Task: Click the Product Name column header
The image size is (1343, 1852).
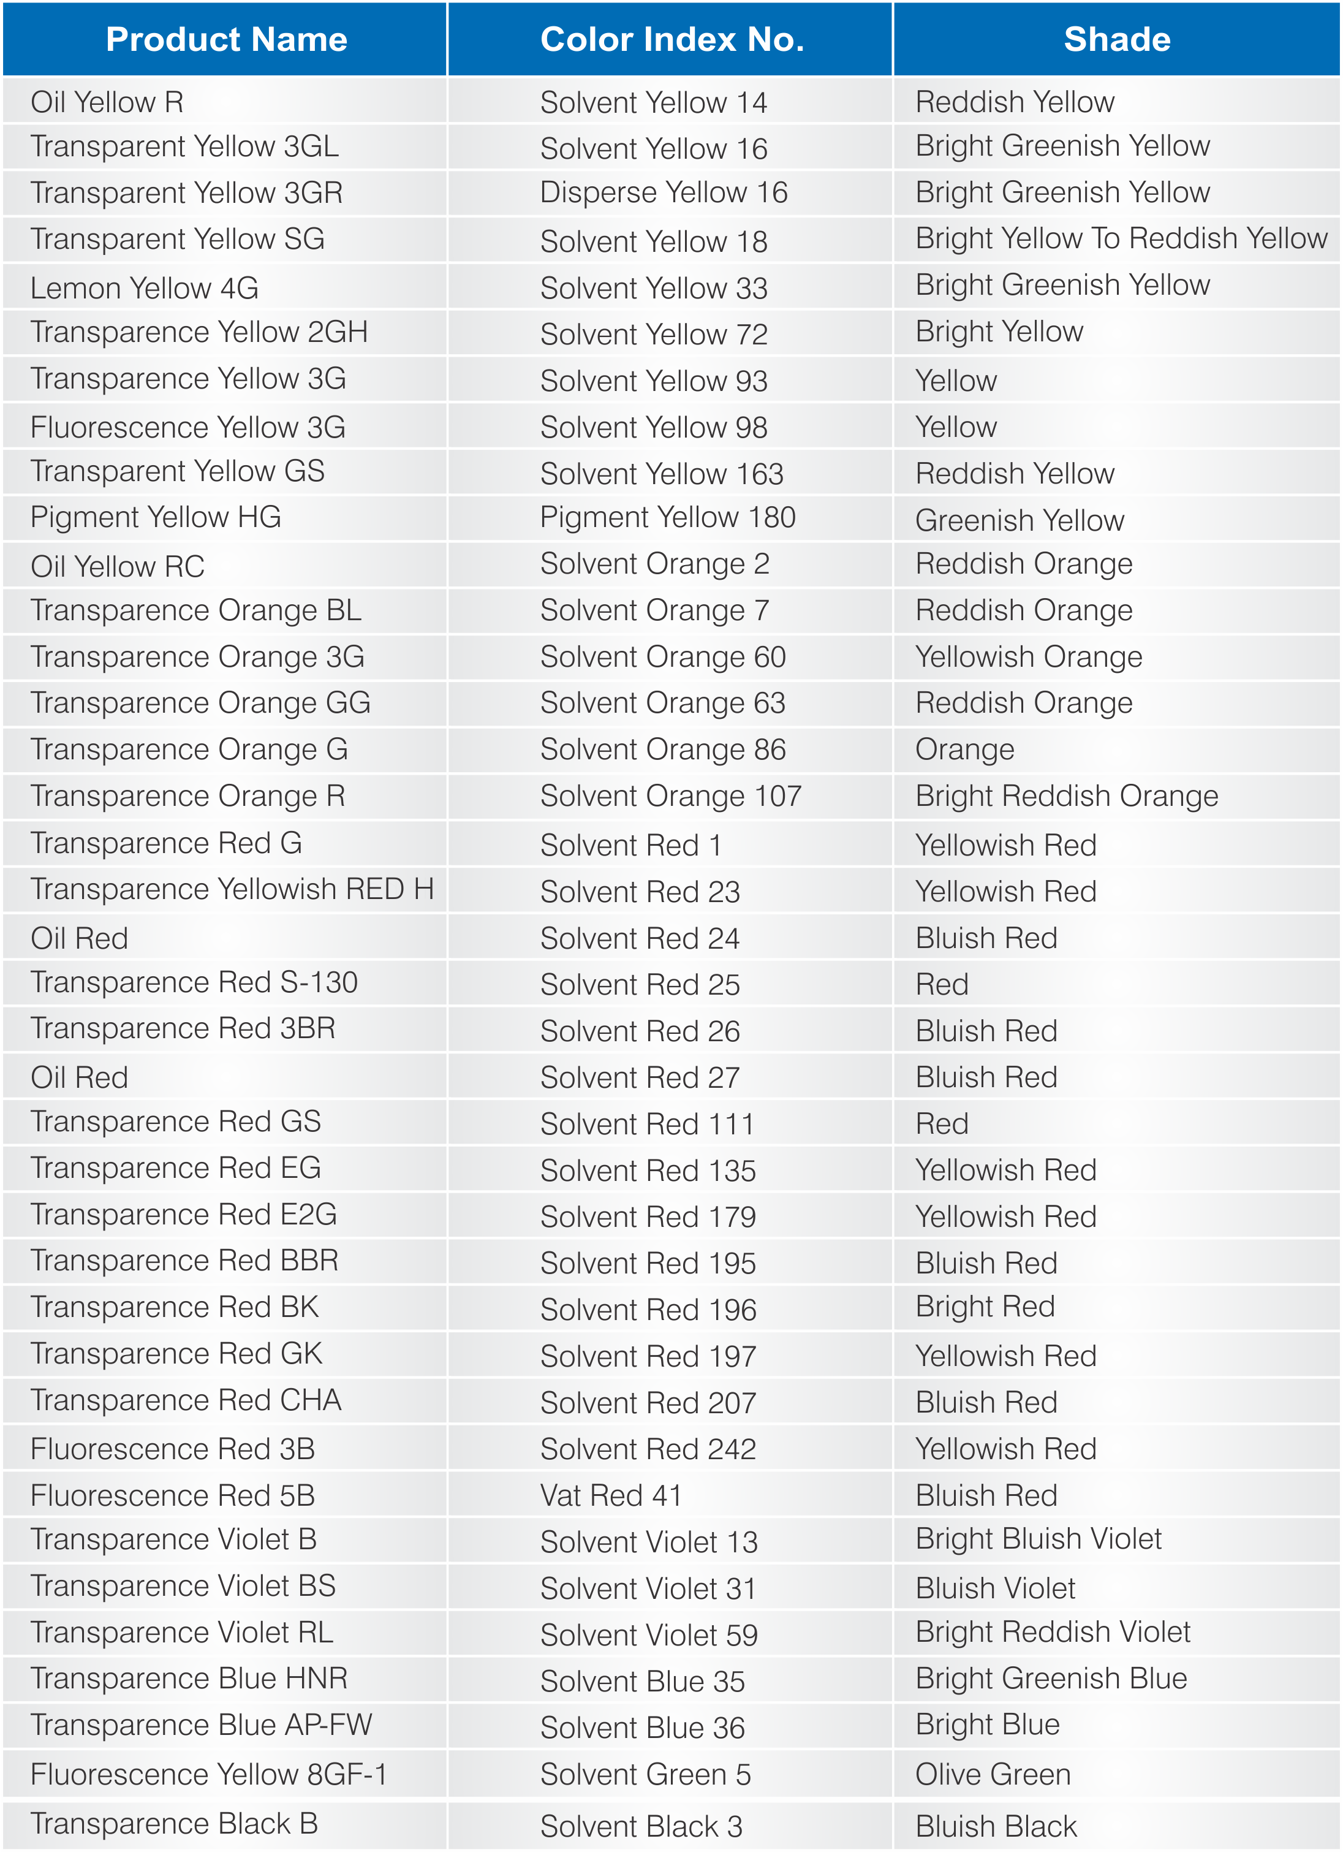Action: click(226, 39)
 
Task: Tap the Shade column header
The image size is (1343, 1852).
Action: click(1116, 39)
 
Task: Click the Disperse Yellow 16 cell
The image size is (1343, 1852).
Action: click(663, 192)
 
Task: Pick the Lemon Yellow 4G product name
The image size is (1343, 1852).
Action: click(145, 288)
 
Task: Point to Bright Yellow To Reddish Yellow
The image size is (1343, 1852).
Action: click(1121, 238)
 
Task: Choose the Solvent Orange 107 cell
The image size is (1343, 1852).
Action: click(670, 796)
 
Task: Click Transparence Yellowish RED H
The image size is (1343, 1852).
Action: click(232, 889)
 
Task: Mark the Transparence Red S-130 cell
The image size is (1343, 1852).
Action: click(194, 982)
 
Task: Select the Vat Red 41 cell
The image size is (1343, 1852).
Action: click(611, 1496)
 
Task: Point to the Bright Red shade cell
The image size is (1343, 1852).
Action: click(985, 1307)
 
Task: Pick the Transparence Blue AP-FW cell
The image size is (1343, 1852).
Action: click(201, 1725)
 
